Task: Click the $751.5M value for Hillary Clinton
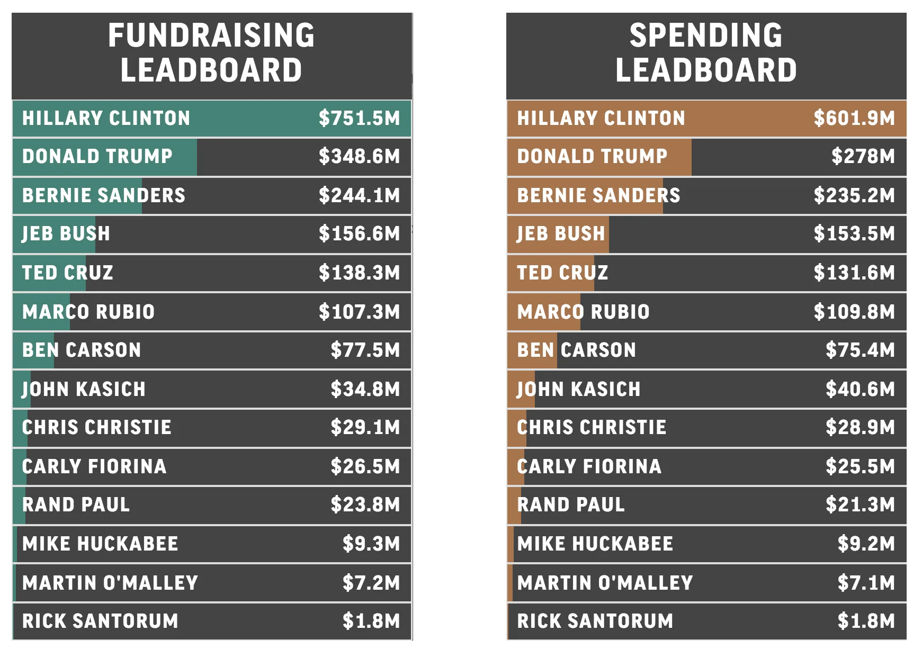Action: coord(359,118)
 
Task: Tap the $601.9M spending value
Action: coord(854,118)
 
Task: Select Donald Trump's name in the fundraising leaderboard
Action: coord(97,156)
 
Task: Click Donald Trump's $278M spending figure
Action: coord(863,156)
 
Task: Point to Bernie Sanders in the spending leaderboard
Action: coord(598,195)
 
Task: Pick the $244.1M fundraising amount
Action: coord(359,195)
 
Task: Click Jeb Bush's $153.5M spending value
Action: coord(854,233)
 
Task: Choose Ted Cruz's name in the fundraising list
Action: coord(68,273)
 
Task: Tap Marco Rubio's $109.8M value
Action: coord(854,312)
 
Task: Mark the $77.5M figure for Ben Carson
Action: coord(365,350)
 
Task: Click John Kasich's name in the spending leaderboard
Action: coord(579,389)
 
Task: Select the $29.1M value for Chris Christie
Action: coord(365,427)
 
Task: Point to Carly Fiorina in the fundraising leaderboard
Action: coord(94,466)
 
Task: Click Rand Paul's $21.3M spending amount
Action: coord(860,504)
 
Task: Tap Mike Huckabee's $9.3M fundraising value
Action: coord(371,544)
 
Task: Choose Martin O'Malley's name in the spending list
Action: coord(605,583)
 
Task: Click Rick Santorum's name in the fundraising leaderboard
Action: coord(100,621)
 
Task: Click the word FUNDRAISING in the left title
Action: coord(211,35)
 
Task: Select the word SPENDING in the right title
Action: coord(706,35)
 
